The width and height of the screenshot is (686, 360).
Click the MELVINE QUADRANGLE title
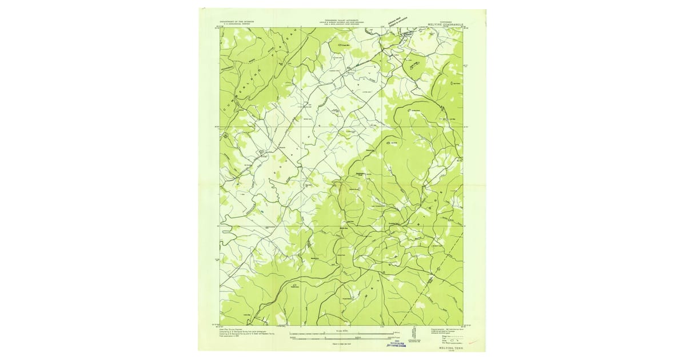[x=448, y=25]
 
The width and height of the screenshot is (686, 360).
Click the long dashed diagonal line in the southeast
[x=434, y=274]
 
